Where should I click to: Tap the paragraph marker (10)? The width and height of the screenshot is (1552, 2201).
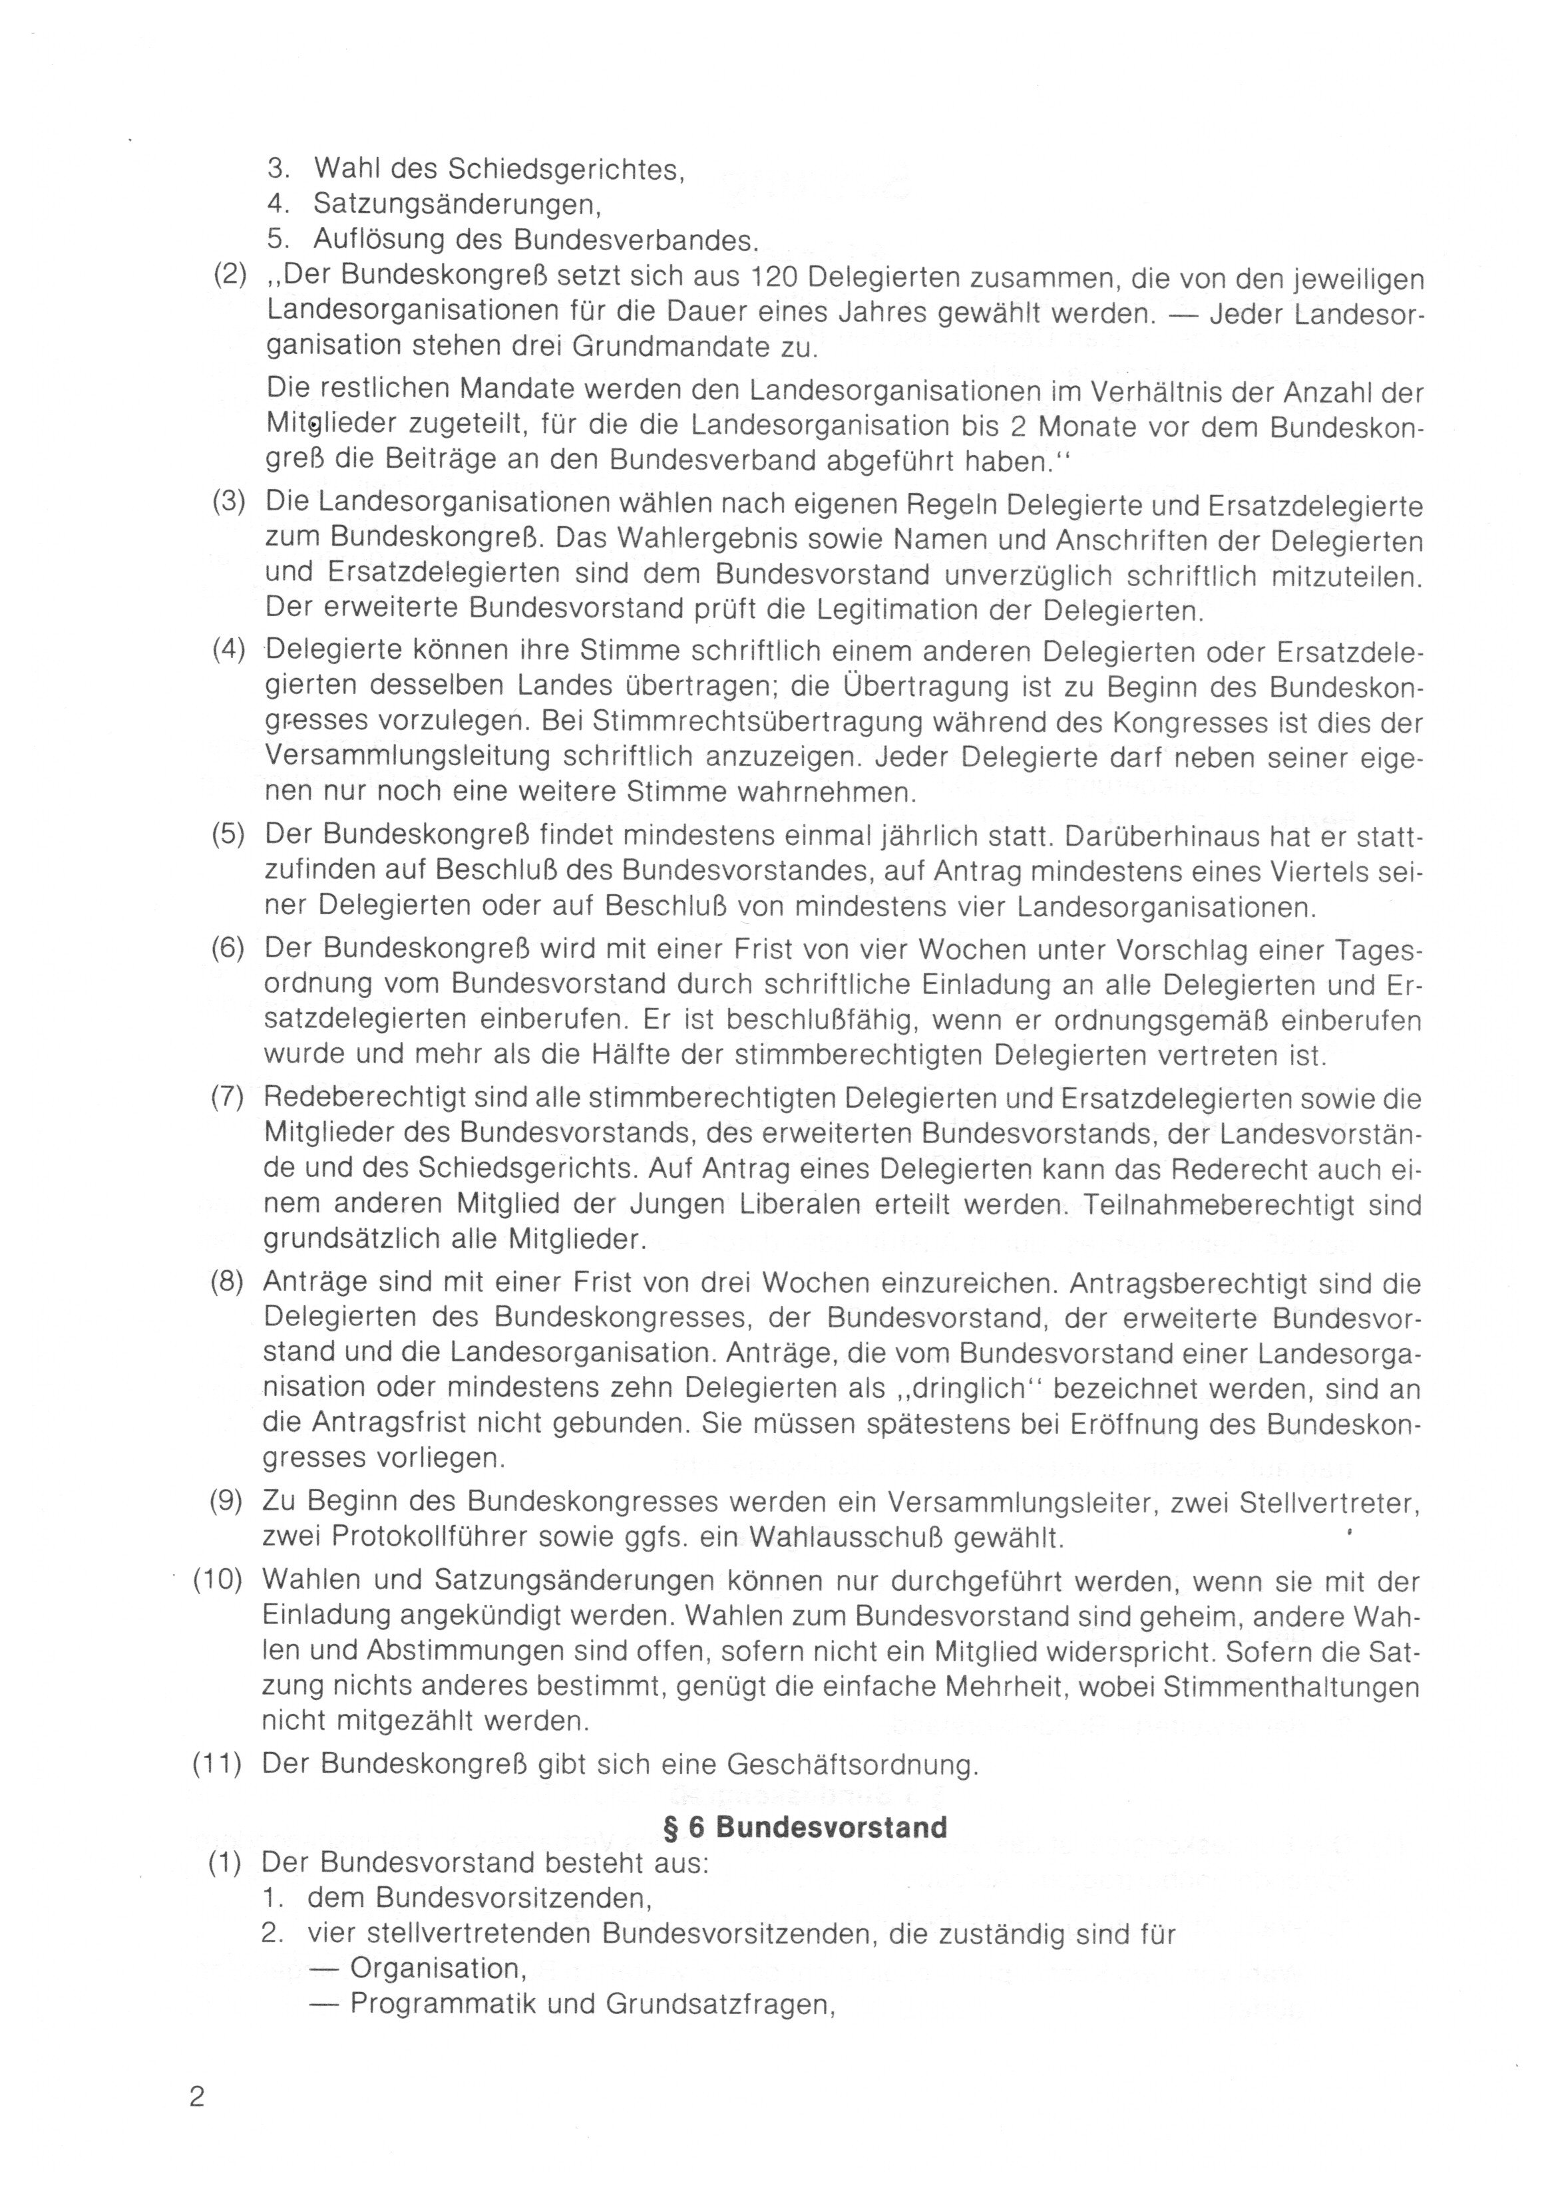point(218,1580)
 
